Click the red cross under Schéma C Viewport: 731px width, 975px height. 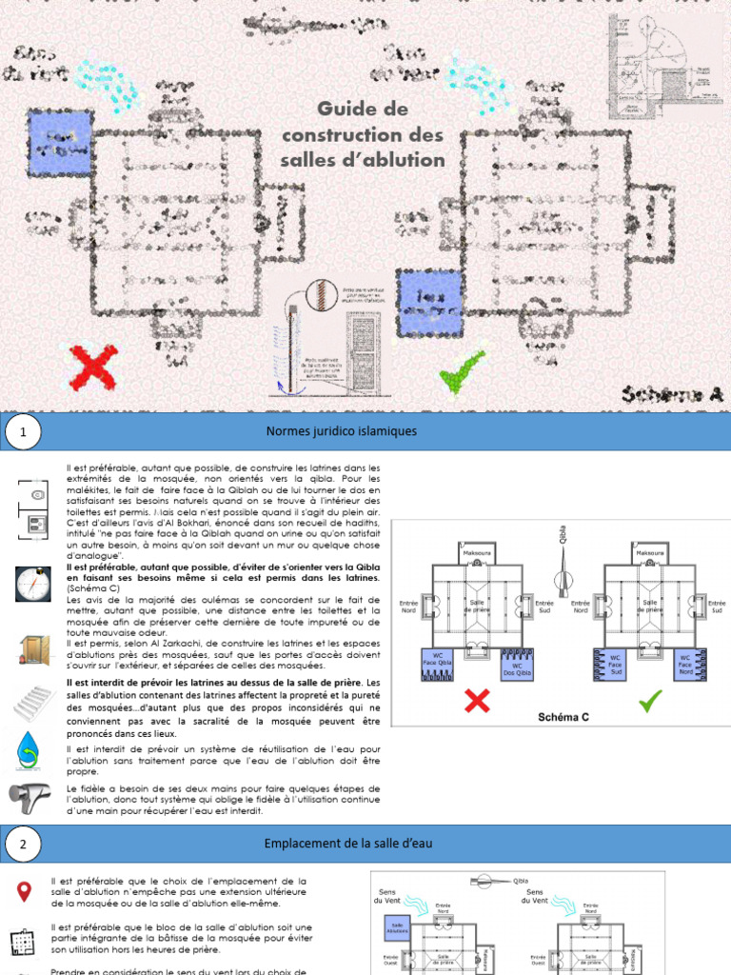coord(476,702)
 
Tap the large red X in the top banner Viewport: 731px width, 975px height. coord(94,368)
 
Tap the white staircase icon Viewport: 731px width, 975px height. coord(31,703)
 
